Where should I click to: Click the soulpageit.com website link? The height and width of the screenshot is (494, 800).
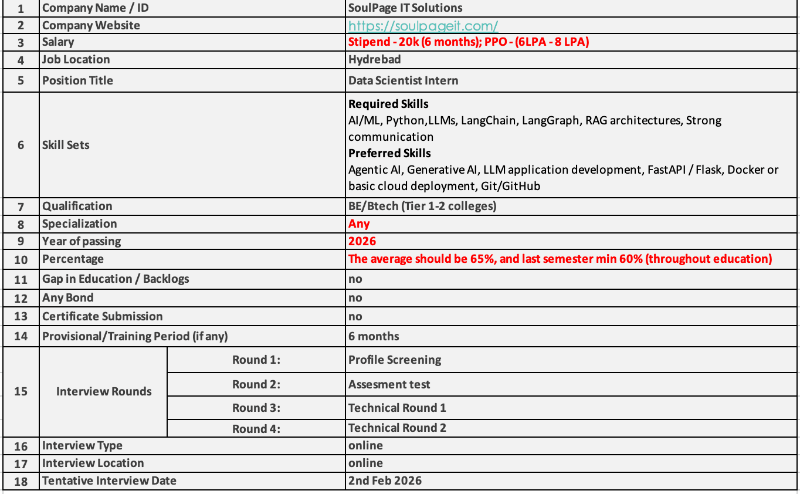[423, 26]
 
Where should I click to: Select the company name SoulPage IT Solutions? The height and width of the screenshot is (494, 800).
[405, 8]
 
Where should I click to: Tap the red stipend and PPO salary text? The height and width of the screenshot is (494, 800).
[469, 42]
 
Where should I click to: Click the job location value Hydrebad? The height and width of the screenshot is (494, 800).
[374, 60]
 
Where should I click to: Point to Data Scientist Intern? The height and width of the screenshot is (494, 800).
[404, 80]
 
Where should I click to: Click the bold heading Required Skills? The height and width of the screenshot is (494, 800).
[388, 104]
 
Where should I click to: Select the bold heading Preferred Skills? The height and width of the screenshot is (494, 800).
[389, 154]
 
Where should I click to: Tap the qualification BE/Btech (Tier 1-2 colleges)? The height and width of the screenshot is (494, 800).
[422, 207]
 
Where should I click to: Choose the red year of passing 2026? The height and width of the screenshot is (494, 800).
[362, 242]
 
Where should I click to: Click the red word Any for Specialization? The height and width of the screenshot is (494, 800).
[359, 224]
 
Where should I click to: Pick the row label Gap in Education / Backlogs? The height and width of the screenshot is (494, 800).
[116, 279]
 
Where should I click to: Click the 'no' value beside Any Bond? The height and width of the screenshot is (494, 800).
[355, 298]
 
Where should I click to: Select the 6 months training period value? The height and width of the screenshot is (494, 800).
[374, 337]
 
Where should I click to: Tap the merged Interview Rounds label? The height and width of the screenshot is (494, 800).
[104, 392]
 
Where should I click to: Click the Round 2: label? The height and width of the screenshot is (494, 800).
[256, 385]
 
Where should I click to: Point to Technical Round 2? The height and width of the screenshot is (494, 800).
[397, 428]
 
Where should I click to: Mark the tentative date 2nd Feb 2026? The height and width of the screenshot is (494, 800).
[385, 481]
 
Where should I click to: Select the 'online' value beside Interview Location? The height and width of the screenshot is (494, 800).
[365, 463]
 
